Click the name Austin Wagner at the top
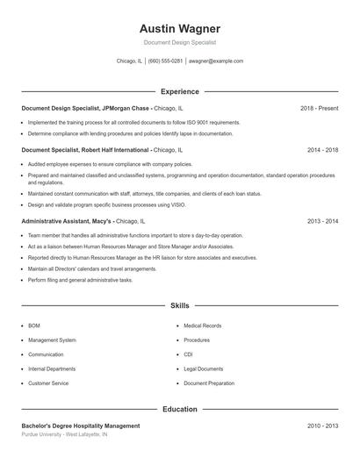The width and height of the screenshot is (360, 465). click(x=180, y=29)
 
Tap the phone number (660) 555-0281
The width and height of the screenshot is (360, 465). click(x=165, y=61)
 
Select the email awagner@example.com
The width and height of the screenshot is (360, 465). click(x=216, y=61)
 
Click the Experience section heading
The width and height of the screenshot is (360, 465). click(x=180, y=91)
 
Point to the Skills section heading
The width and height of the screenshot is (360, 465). click(x=180, y=305)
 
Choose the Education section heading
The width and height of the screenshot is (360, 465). click(x=180, y=409)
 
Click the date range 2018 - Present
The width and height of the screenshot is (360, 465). click(x=319, y=108)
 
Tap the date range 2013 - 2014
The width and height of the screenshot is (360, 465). click(x=322, y=222)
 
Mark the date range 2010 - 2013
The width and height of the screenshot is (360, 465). click(x=322, y=426)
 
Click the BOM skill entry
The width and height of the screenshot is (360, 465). click(x=34, y=325)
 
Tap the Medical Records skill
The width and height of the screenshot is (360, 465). click(x=202, y=325)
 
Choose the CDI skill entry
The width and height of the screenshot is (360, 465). click(x=189, y=354)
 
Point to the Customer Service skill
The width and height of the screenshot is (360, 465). click(x=48, y=383)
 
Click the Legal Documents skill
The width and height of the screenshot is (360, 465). click(x=204, y=369)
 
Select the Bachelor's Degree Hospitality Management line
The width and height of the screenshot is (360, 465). click(x=81, y=426)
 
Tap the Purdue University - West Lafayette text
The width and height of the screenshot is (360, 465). click(x=64, y=434)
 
